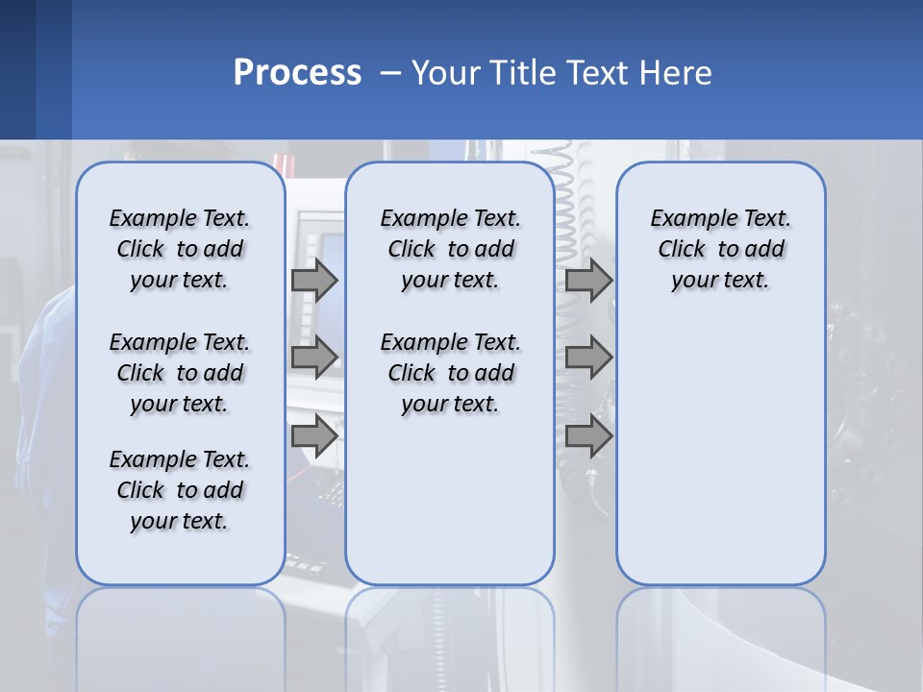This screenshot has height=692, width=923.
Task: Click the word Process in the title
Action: (297, 72)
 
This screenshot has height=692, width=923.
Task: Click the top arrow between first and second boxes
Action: (314, 280)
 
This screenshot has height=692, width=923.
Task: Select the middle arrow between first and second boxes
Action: (314, 358)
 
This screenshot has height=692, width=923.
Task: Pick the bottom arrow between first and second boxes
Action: (314, 435)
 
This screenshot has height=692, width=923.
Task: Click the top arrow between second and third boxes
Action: (588, 280)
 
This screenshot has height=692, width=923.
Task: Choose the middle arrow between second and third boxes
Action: (588, 358)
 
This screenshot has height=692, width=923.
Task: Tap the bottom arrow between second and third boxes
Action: (588, 435)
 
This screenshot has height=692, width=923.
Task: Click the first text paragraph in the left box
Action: (180, 249)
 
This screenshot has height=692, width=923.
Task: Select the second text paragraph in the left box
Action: (180, 373)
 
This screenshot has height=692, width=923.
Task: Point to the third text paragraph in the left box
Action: (180, 490)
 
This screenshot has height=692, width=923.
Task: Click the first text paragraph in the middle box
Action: (451, 249)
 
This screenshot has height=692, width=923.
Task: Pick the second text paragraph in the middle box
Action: (451, 373)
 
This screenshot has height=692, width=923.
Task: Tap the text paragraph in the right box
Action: (721, 249)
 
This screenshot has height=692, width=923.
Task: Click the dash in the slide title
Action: (390, 73)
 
